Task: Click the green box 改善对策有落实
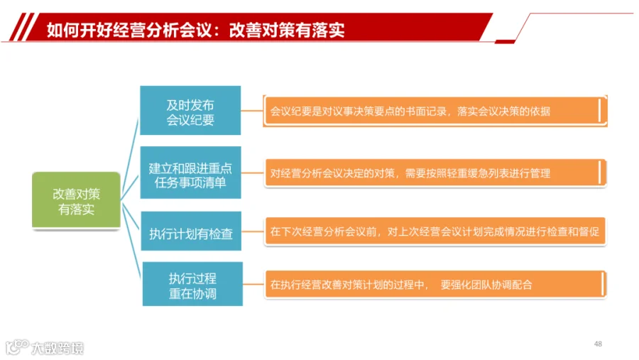tap(76, 200)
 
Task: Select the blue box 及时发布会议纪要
tap(190, 110)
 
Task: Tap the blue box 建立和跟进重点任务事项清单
tap(191, 173)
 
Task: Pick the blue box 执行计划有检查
tap(191, 231)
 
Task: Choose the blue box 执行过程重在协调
tap(192, 284)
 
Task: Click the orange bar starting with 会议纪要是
tap(435, 111)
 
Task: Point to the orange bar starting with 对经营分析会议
tap(435, 173)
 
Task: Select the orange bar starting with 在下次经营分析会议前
tap(435, 231)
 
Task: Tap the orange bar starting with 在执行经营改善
tap(435, 284)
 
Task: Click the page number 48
tap(598, 344)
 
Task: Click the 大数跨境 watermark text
tap(58, 348)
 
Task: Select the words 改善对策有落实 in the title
tap(287, 30)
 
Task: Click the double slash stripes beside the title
tap(24, 27)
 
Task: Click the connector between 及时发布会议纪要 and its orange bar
tap(252, 111)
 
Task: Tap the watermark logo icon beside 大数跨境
tap(17, 347)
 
